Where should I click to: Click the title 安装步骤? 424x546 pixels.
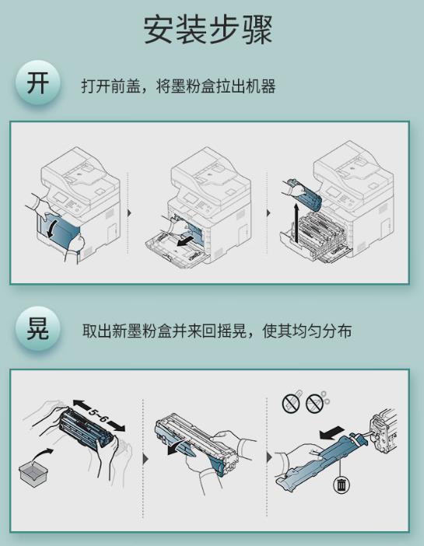(x=208, y=30)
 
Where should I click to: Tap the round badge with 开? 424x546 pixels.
(x=37, y=83)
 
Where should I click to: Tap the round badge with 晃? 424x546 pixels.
(x=37, y=329)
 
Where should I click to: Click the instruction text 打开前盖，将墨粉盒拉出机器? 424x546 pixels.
(x=178, y=86)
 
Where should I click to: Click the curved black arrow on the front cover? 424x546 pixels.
(x=51, y=228)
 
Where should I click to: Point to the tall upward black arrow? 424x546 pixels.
(x=296, y=224)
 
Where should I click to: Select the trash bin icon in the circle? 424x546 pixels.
(x=342, y=485)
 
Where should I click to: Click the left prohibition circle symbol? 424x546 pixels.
(x=291, y=404)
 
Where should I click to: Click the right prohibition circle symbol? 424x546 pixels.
(x=315, y=404)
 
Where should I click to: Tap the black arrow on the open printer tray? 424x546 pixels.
(x=186, y=241)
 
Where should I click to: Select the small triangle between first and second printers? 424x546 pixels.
(x=129, y=213)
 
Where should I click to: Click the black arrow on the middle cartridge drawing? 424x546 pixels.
(x=178, y=448)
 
